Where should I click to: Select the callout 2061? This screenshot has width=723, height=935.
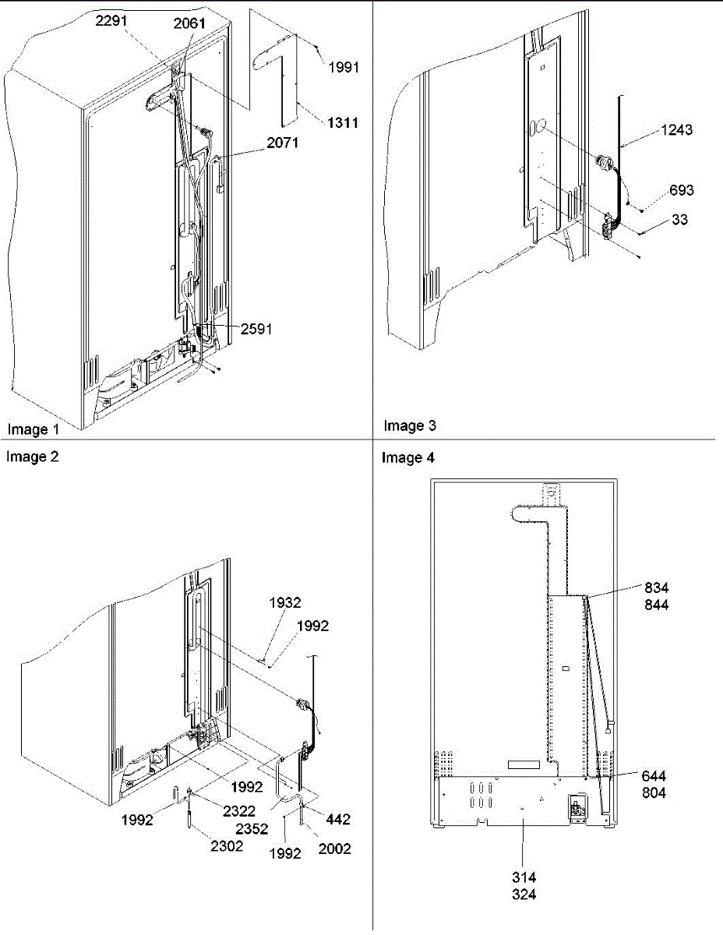190,23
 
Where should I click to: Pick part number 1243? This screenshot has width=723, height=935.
675,131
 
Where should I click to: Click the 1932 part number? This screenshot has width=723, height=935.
285,602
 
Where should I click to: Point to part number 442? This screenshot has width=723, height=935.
338,820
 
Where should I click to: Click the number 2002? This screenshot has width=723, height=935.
334,849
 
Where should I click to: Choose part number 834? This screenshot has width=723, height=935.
656,587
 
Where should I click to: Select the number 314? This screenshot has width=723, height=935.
524,878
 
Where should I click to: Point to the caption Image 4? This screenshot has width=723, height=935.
408,458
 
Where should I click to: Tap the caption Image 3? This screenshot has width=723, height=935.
410,425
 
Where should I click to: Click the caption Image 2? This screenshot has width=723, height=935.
33,457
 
